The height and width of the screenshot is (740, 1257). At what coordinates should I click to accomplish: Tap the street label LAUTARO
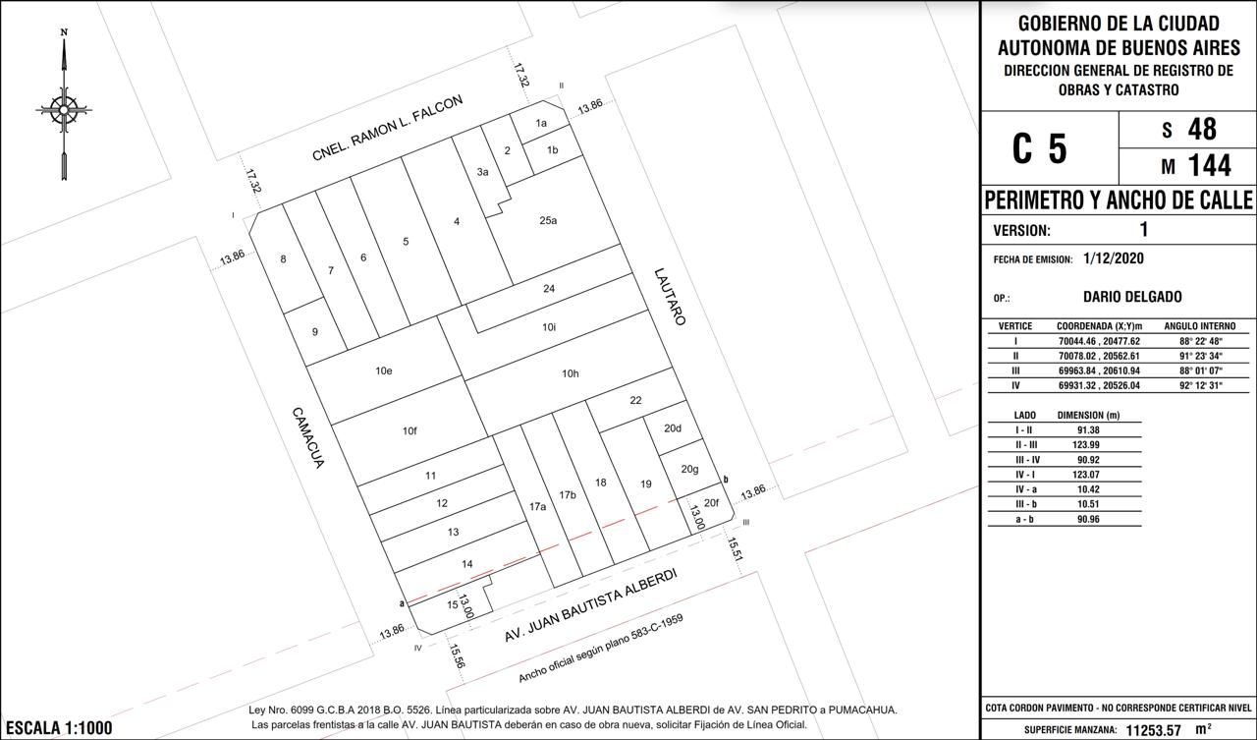coord(670,297)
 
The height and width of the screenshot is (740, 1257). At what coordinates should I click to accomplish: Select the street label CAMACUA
coord(308,438)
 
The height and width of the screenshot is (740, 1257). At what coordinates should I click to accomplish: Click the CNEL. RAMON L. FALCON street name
coord(388,128)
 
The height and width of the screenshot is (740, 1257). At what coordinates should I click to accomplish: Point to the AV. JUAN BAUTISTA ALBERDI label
coord(591,604)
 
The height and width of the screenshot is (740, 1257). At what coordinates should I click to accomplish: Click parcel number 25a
coord(548,221)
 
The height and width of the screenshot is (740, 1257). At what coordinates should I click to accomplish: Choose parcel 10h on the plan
coord(571,373)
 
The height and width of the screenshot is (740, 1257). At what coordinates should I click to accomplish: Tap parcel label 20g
coord(689,470)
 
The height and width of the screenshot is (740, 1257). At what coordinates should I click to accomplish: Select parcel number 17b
coord(568,494)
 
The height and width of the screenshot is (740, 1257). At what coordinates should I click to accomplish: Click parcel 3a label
coord(482,172)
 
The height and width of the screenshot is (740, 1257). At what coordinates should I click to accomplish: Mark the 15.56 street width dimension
coord(457,655)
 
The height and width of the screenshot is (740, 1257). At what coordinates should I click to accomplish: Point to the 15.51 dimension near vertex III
coord(736,549)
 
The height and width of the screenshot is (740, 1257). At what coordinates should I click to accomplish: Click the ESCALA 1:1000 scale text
coord(59,728)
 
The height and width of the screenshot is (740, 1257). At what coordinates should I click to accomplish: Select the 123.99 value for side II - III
coord(1088,444)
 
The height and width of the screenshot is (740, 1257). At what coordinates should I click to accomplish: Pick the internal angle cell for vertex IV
coord(1199,385)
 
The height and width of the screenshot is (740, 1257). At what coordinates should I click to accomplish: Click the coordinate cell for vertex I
coord(1099,341)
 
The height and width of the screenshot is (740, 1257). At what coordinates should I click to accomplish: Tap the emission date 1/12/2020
coord(1114,258)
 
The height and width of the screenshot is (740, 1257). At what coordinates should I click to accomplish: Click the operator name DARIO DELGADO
coord(1132,297)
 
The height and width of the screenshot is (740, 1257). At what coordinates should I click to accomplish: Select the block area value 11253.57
coord(1153,730)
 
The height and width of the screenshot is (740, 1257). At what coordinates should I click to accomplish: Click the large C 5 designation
coord(1040,148)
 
